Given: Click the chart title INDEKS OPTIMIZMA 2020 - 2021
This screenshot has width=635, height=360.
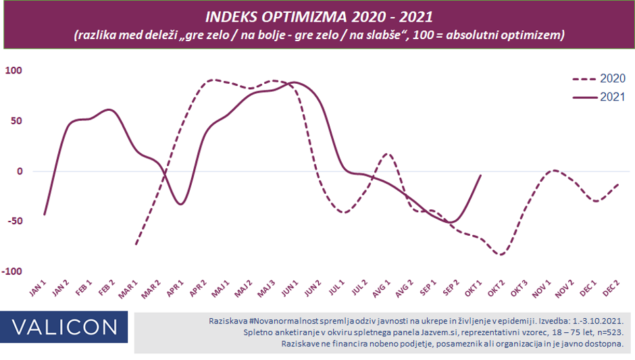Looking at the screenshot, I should click(x=320, y=16).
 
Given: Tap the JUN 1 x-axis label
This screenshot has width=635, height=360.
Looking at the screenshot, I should click(x=291, y=288).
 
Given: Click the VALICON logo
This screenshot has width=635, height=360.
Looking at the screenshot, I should click(x=64, y=327).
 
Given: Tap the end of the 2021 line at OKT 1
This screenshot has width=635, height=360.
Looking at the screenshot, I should click(x=480, y=176).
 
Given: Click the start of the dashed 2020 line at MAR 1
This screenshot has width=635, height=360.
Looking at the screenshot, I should click(x=136, y=244).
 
